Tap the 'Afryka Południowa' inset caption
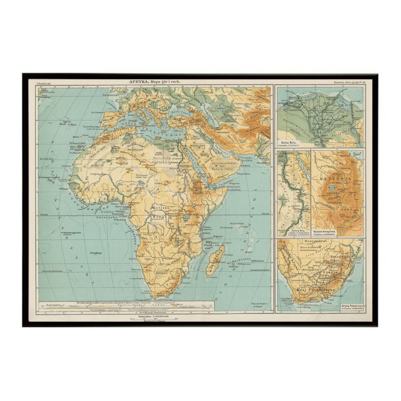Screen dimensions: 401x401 (x=352, y=306)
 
